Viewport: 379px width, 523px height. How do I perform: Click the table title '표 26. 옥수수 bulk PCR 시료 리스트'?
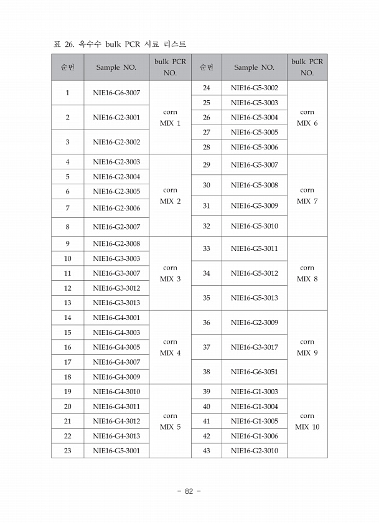click(120, 44)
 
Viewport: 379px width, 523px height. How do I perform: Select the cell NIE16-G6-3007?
click(116, 93)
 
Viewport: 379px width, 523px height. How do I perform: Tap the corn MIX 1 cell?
click(170, 118)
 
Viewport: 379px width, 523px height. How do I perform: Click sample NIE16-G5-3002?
click(254, 88)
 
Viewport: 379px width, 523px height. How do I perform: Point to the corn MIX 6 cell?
click(307, 118)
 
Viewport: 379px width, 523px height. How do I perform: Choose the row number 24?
click(207, 88)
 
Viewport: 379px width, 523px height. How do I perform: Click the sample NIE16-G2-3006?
click(116, 208)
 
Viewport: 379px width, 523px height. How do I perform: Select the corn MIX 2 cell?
click(170, 196)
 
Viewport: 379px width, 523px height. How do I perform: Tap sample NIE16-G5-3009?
click(254, 205)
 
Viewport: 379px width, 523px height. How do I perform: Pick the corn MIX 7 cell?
click(307, 196)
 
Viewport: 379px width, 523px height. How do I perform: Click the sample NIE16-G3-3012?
click(116, 288)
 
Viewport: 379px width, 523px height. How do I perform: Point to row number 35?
click(207, 298)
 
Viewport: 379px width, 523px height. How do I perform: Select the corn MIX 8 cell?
click(307, 273)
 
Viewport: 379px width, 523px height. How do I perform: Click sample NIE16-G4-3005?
click(116, 347)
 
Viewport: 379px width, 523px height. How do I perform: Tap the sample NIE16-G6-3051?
click(254, 372)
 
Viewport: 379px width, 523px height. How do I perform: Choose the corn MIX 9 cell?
click(307, 347)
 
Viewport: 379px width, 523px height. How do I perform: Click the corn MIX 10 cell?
click(307, 422)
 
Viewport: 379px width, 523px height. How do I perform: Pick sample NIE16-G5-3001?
click(116, 451)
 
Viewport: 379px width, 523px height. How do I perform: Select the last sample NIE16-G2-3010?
click(254, 451)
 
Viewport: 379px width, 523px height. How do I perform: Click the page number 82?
click(189, 491)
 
